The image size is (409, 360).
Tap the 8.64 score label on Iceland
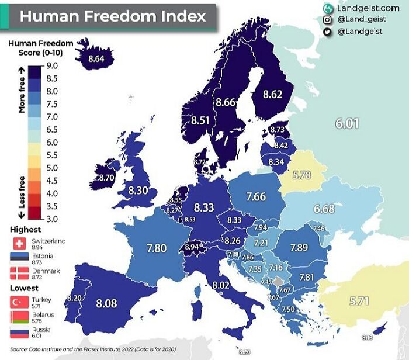[96, 58]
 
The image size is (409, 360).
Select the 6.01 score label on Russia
[346, 123]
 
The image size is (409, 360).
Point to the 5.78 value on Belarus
[302, 174]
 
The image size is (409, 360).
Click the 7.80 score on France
[156, 248]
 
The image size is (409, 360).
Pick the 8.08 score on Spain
[107, 303]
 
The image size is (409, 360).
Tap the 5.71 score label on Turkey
[359, 302]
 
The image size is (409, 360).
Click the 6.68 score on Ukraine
[324, 209]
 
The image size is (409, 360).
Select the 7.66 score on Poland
[256, 197]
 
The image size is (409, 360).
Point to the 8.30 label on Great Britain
[138, 190]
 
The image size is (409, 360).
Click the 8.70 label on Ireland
[106, 177]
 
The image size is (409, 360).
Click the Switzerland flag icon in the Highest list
[18, 244]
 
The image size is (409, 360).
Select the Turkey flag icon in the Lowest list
[18, 302]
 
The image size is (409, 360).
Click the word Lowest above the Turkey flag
[24, 288]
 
